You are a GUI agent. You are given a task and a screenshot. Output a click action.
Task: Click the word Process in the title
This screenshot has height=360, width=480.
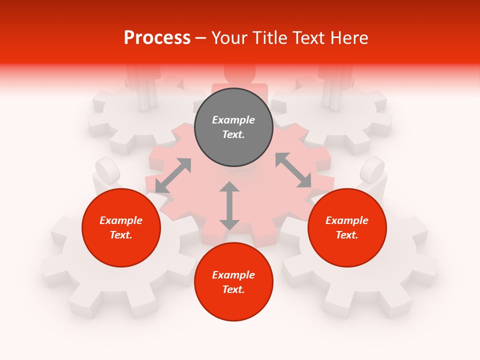(x=157, y=37)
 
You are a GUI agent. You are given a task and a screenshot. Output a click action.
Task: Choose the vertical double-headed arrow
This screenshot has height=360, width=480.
(x=229, y=205)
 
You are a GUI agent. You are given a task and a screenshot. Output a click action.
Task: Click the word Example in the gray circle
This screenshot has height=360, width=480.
(x=233, y=120)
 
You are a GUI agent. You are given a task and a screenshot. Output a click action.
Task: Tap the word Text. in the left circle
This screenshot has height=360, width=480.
(x=121, y=235)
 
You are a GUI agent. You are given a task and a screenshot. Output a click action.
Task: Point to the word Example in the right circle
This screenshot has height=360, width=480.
(x=347, y=220)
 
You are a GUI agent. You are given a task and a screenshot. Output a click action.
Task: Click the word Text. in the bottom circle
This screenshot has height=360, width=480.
(x=233, y=289)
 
